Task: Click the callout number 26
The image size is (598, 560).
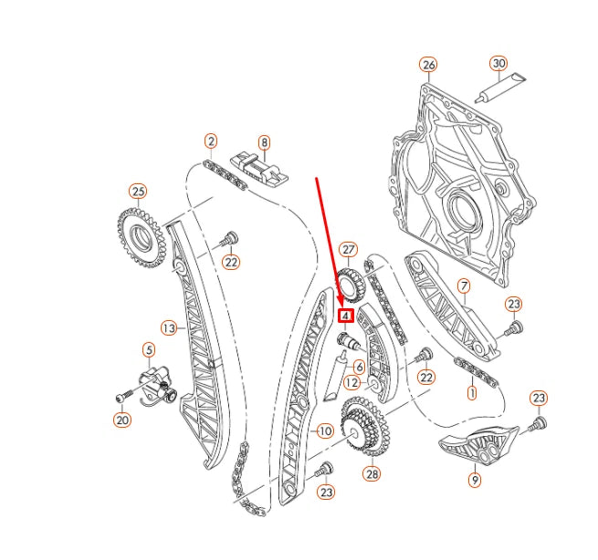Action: [x=428, y=65]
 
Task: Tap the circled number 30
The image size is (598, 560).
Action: [x=498, y=64]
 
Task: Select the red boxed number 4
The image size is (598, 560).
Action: [x=346, y=316]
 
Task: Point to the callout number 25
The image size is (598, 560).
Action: [x=138, y=192]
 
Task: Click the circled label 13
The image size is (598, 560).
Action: [x=168, y=327]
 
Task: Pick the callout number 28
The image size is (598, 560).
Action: [x=372, y=473]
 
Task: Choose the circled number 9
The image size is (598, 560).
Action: [x=475, y=478]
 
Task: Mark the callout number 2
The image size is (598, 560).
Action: [x=211, y=141]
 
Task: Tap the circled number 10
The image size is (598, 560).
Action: [x=323, y=430]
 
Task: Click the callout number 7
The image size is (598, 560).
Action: [x=463, y=286]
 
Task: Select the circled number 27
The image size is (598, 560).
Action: [x=348, y=249]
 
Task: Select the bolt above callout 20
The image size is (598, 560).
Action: [x=124, y=397]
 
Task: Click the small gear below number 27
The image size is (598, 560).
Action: [x=351, y=285]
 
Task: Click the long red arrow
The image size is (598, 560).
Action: [x=330, y=242]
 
